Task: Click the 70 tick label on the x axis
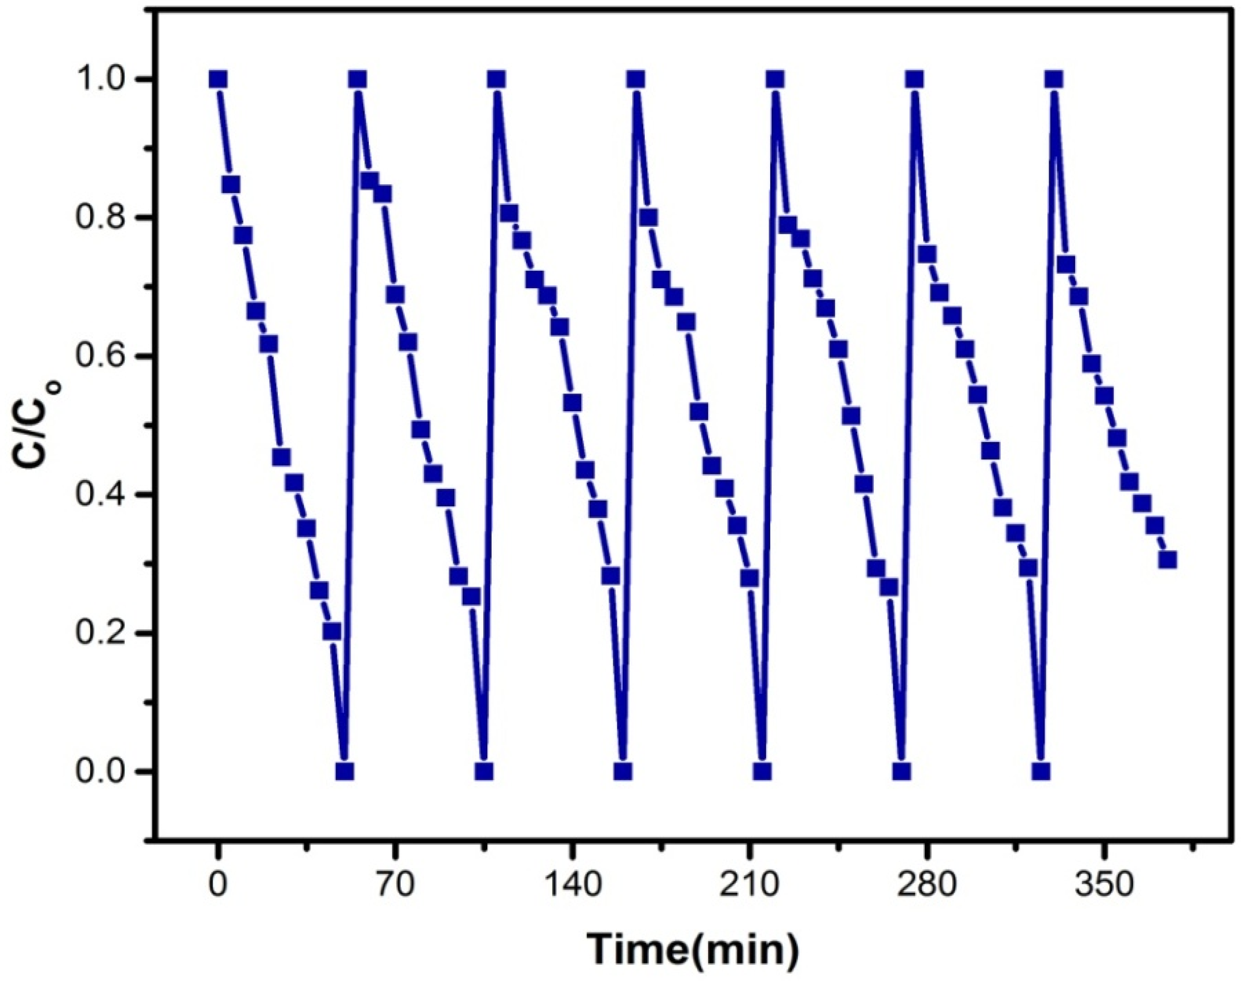point(396,886)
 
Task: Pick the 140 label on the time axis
point(572,886)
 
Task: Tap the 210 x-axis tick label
point(749,886)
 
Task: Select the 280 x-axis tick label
point(926,886)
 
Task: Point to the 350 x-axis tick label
point(1104,886)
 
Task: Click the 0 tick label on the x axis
point(218,886)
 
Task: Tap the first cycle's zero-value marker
point(344,771)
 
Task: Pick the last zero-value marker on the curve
point(1041,771)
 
